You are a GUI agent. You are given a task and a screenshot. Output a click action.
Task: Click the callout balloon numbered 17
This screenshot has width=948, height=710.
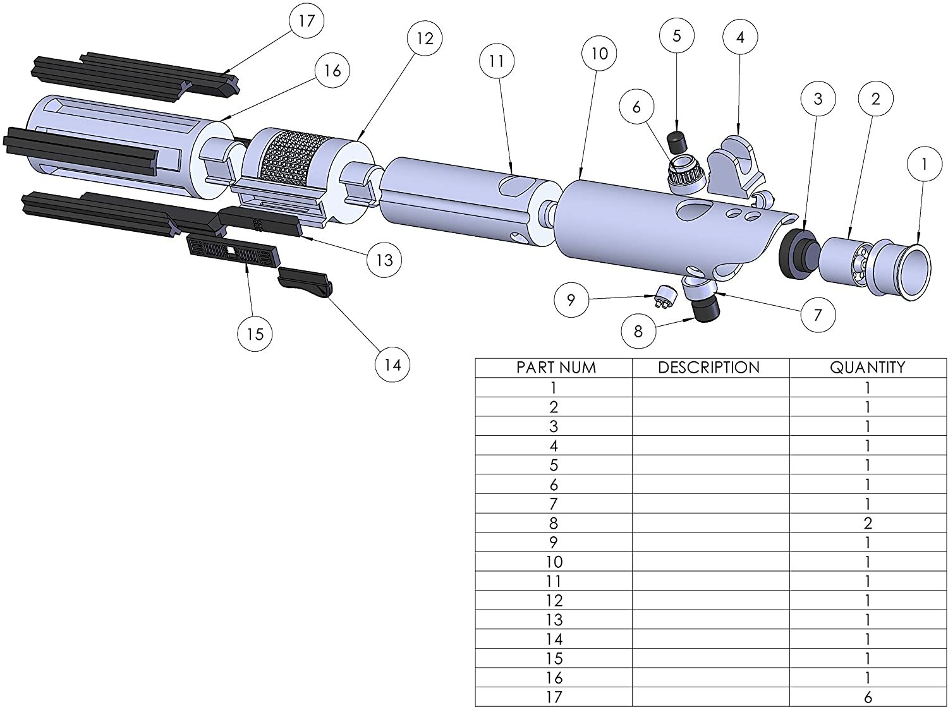click(307, 21)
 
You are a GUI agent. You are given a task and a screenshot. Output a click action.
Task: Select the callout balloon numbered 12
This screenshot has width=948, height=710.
click(425, 39)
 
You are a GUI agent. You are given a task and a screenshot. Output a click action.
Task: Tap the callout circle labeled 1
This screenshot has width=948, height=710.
click(924, 164)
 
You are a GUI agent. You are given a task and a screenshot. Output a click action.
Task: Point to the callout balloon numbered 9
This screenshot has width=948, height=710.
click(571, 299)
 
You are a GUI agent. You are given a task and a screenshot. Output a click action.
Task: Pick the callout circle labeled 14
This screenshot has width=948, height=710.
click(392, 364)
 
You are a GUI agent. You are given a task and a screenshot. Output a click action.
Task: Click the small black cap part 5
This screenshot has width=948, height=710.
click(677, 140)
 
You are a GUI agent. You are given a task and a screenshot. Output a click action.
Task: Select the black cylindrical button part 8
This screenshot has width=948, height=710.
click(707, 309)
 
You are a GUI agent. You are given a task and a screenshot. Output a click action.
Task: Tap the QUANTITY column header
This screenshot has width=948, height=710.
click(868, 368)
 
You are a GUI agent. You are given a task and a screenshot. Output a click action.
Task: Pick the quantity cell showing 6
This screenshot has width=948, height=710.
click(868, 697)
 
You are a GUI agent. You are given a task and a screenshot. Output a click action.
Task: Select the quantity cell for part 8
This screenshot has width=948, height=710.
click(868, 523)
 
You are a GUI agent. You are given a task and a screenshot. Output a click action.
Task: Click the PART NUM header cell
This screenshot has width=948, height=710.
click(554, 368)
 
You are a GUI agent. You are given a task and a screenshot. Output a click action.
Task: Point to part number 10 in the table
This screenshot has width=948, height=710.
click(554, 562)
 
